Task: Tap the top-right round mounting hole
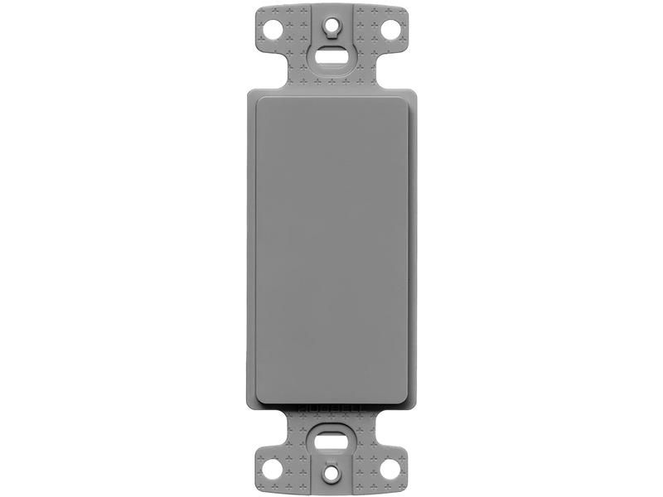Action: coord(389,31)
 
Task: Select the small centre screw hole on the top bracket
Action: coord(331,25)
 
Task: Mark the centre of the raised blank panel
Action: coord(331,251)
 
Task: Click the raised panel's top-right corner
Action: coord(407,98)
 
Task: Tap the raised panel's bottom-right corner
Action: coord(407,404)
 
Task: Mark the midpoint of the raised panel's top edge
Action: coord(331,98)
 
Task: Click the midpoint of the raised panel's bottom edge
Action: coord(331,404)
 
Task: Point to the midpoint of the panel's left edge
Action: coord(256,251)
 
